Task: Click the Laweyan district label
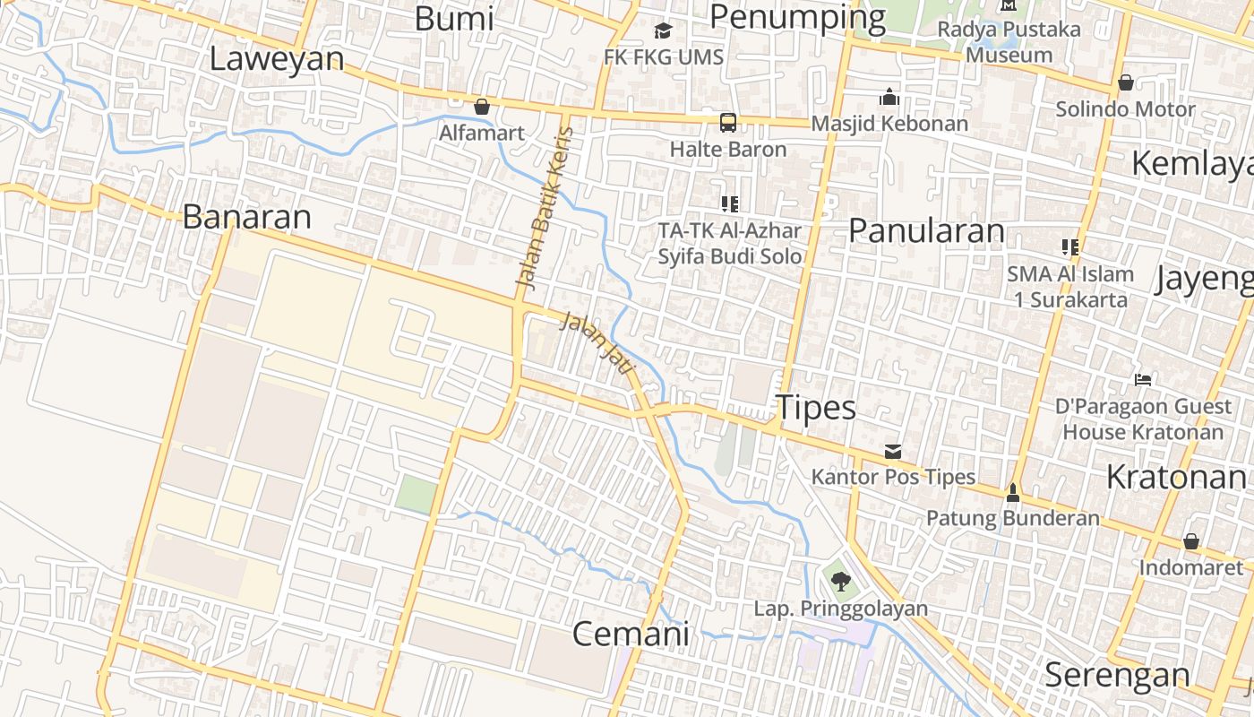[277, 58]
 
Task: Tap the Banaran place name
[246, 216]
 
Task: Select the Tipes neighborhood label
[816, 408]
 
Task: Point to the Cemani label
[631, 634]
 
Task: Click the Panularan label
[926, 230]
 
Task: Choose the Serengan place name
[1117, 674]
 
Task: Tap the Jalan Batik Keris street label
[545, 208]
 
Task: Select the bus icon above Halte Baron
[728, 123]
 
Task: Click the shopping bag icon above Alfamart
[482, 108]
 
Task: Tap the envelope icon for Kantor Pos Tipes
[893, 451]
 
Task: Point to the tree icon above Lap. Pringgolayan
[840, 583]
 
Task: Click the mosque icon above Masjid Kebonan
[889, 97]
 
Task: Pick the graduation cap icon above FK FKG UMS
[663, 31]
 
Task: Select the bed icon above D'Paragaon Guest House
[1142, 380]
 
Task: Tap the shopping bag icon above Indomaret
[1191, 541]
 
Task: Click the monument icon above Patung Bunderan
[1013, 492]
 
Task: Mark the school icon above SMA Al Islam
[1070, 247]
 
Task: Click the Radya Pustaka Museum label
[1009, 41]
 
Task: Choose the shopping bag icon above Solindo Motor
[1126, 83]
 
